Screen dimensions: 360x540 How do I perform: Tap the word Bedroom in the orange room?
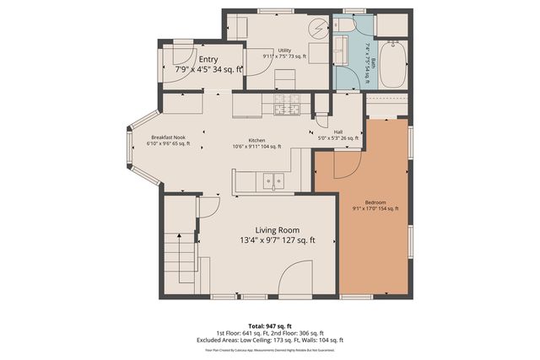(375, 203)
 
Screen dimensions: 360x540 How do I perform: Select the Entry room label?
(208, 58)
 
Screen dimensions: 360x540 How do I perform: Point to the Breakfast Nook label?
(168, 137)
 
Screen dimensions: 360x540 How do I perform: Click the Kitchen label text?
(256, 141)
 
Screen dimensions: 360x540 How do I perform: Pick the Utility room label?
(285, 51)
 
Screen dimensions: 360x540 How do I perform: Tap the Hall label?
(338, 132)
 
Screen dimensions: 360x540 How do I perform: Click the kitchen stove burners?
(282, 105)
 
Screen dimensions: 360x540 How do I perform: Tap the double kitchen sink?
(272, 180)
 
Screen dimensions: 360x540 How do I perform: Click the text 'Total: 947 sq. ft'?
(269, 324)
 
